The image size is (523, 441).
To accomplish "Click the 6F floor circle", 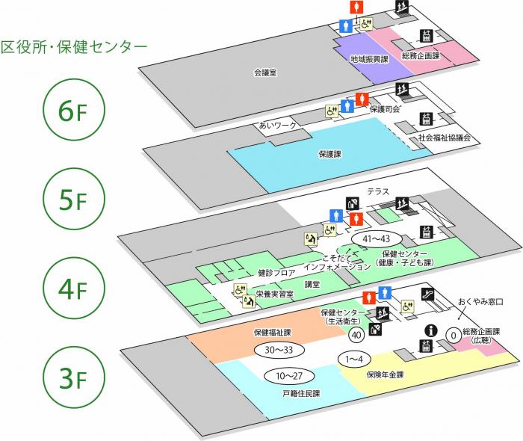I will coord(73,111).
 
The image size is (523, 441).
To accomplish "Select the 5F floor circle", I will coord(73,200).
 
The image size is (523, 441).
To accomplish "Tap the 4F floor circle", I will coord(73,289).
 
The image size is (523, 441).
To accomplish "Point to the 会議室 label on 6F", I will coord(266,73).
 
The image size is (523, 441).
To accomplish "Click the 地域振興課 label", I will coord(369,58).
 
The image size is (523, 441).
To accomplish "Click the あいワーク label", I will coord(278,125).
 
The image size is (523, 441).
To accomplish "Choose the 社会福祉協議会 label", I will coord(444,138).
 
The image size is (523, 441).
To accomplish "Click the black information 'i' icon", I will coord(430,330).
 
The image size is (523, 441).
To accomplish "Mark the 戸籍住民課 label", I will coord(300,392).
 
